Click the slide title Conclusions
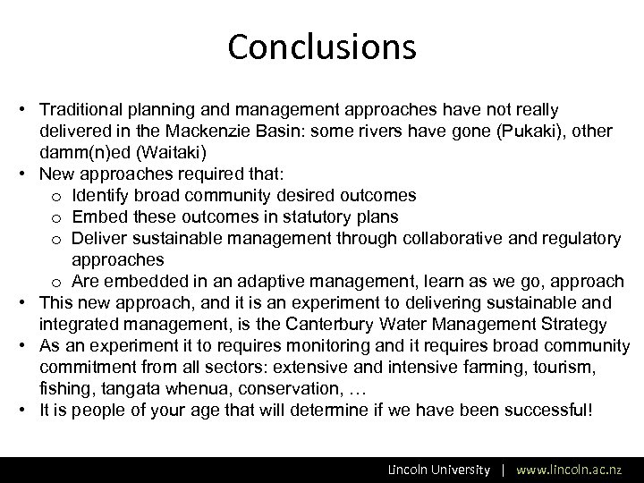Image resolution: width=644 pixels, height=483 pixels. click(x=322, y=47)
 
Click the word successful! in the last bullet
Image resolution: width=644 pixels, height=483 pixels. click(x=547, y=411)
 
